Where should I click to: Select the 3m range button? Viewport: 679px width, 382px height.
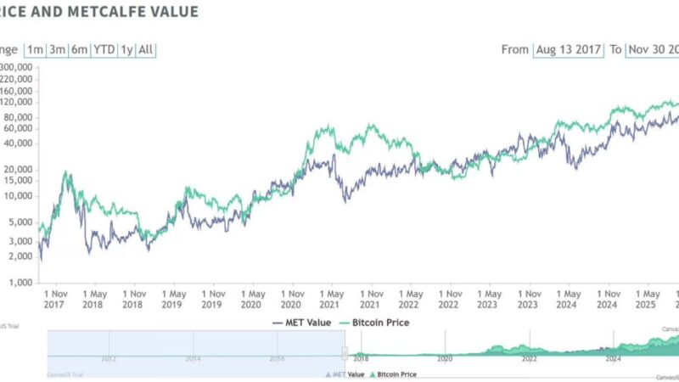(x=57, y=49)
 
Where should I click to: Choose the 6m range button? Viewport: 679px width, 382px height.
(x=79, y=49)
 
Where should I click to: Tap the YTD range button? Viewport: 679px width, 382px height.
(x=104, y=49)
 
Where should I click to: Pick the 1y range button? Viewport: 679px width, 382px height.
(x=126, y=49)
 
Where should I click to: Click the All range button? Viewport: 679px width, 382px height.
(x=146, y=49)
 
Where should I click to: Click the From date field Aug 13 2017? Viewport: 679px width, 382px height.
(x=568, y=49)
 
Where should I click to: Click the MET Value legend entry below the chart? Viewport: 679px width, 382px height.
(x=302, y=323)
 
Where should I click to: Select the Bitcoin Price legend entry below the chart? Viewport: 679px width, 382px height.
(x=374, y=323)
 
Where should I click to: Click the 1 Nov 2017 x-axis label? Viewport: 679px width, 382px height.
(x=53, y=298)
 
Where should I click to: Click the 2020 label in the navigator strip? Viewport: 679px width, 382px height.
(x=444, y=359)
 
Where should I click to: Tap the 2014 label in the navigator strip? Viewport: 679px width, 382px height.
(x=193, y=359)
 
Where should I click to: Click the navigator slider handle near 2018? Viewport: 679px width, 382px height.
(x=345, y=353)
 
